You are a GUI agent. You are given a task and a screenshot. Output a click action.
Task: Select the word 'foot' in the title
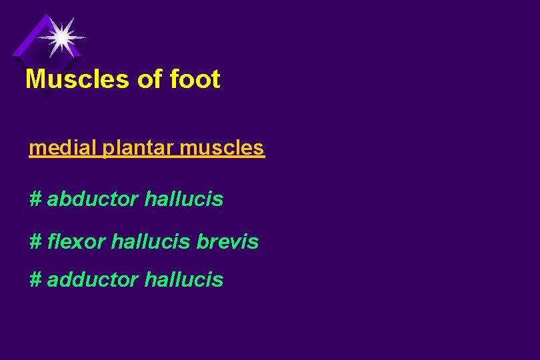(x=195, y=79)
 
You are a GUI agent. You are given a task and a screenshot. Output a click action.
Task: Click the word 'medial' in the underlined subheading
(x=63, y=147)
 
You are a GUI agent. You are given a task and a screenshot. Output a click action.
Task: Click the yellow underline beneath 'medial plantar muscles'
(x=147, y=157)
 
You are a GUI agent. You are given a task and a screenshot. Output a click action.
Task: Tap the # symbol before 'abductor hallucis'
(x=35, y=199)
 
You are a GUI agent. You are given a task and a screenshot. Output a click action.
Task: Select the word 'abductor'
(x=93, y=199)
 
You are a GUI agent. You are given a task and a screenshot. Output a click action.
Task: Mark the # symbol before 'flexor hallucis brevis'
(x=35, y=241)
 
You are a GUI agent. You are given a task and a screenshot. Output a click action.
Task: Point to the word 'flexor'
(x=77, y=241)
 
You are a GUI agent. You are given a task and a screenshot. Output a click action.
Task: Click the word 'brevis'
(x=227, y=241)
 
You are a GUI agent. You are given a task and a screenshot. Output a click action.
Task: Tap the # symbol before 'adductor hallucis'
(x=35, y=280)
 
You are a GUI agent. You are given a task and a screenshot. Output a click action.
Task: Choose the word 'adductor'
(x=93, y=280)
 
